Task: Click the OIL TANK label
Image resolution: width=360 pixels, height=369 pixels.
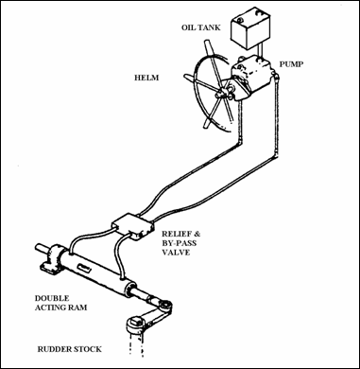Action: (200, 27)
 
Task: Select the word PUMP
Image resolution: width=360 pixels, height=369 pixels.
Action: (291, 64)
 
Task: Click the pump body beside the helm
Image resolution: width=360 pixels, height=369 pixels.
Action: (251, 79)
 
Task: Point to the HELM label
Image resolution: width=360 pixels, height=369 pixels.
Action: (146, 78)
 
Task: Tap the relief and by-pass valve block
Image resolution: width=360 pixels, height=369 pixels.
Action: (133, 226)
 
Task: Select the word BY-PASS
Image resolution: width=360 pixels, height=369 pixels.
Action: (179, 243)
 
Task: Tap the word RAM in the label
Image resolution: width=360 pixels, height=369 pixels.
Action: (78, 307)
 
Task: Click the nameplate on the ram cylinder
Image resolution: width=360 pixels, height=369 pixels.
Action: (85, 268)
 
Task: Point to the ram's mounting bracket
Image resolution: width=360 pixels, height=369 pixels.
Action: (52, 259)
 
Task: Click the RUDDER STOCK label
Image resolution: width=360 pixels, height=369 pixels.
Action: (70, 349)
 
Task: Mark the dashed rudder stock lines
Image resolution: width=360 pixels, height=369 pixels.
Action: (137, 345)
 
